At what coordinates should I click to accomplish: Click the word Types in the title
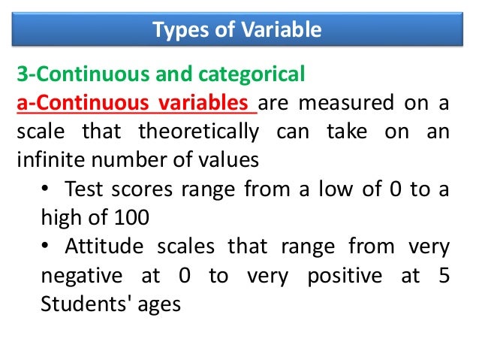pos(177,30)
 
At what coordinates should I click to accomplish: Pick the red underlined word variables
pos(212,103)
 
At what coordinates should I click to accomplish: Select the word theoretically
pos(198,132)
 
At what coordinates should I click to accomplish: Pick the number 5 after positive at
pos(444,276)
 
